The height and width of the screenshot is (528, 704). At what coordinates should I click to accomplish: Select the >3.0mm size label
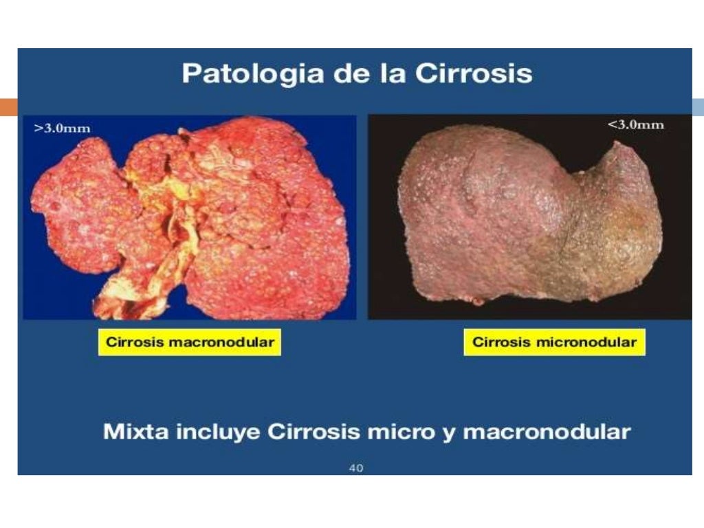[63, 129]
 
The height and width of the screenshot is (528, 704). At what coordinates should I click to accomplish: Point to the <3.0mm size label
[635, 125]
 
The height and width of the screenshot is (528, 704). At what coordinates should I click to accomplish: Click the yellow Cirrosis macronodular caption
[189, 342]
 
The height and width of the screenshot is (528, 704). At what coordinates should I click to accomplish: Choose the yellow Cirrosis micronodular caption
[554, 342]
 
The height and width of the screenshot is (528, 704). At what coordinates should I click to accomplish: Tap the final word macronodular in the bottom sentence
[547, 432]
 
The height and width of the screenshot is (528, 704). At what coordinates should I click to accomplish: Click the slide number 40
[356, 468]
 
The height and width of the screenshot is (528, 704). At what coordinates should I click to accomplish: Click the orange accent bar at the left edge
[8, 107]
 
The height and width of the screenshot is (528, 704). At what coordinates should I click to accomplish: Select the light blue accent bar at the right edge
[697, 107]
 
